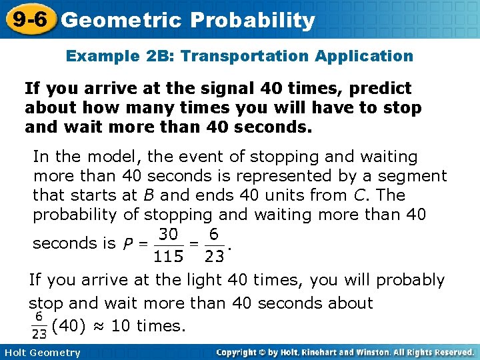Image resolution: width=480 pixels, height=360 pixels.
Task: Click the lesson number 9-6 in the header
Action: pos(28,19)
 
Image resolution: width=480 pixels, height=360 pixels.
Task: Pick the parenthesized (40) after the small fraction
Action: pos(69,326)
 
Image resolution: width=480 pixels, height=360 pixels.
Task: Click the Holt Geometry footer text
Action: pos(41,353)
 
